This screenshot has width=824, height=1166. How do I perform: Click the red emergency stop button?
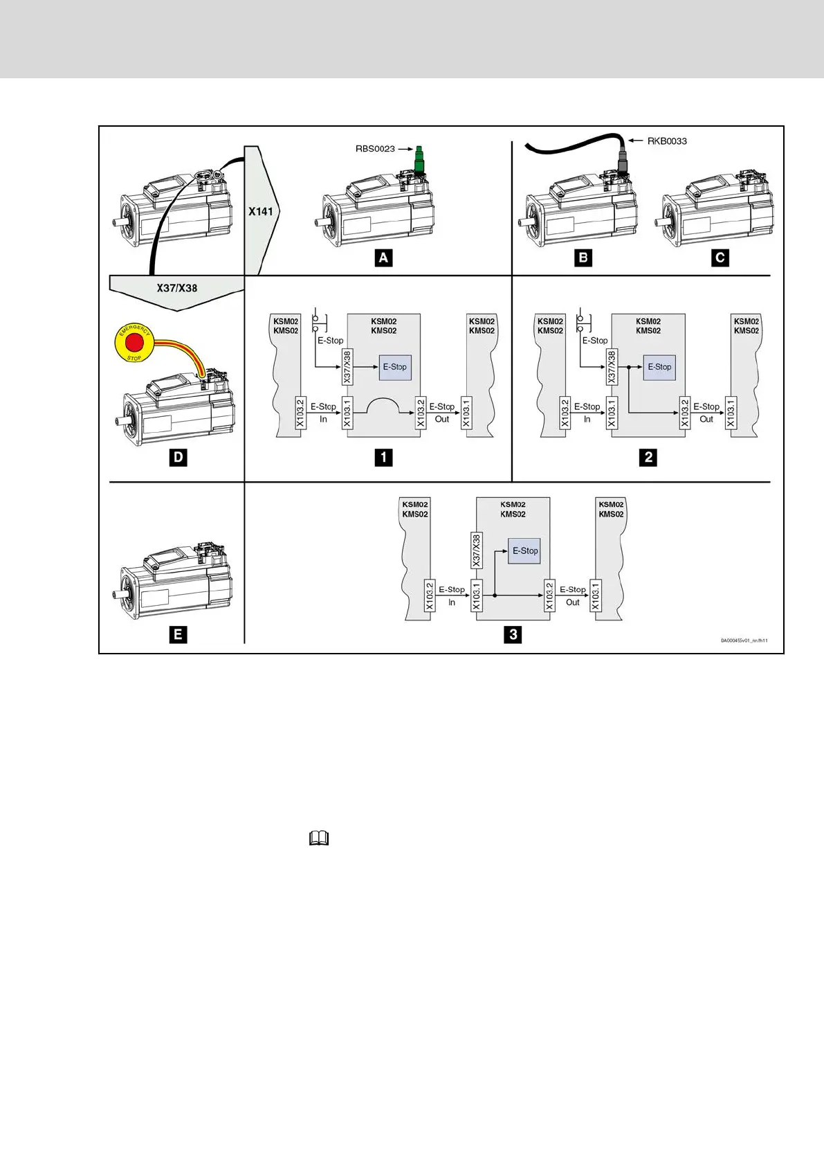[x=134, y=343]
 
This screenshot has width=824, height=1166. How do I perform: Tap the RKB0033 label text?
[x=667, y=141]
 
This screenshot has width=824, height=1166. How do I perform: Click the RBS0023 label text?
[x=376, y=149]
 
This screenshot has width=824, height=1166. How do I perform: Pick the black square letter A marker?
[x=383, y=258]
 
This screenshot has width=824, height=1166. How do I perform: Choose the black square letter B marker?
[x=583, y=258]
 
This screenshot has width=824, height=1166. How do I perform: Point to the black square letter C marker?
[x=720, y=258]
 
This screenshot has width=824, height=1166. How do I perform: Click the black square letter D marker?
[x=178, y=457]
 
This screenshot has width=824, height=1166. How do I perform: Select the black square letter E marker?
[x=178, y=634]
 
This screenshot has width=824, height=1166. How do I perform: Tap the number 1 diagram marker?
[x=383, y=457]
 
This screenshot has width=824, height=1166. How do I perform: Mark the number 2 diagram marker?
[x=648, y=457]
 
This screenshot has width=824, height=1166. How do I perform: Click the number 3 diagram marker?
[x=513, y=634]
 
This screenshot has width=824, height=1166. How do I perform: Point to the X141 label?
[x=261, y=211]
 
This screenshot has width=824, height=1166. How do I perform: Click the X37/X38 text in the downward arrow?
[x=177, y=288]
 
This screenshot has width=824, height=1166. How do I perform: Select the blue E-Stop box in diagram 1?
[x=395, y=367]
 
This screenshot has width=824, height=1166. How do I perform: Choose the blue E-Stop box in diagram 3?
[x=524, y=550]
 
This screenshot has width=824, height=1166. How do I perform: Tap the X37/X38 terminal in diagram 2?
[x=612, y=367]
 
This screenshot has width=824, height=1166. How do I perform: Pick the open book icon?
[x=319, y=839]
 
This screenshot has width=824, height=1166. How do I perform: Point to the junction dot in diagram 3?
[x=495, y=595]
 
